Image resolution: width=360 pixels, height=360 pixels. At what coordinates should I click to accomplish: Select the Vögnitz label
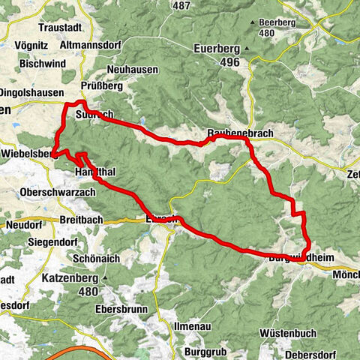tap(23, 44)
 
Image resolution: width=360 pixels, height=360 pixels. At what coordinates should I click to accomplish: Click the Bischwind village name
tap(27, 63)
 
